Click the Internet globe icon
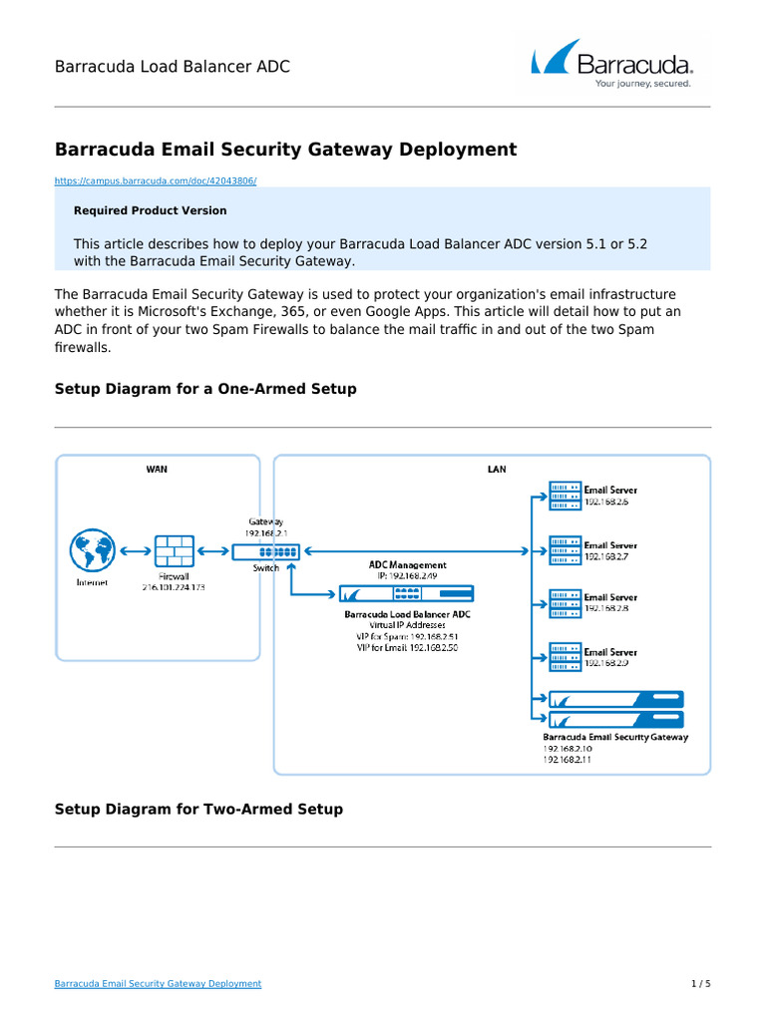pyautogui.click(x=92, y=551)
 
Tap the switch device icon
pyautogui.click(x=265, y=551)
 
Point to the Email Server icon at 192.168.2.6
pyautogui.click(x=564, y=495)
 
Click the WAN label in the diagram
pyautogui.click(x=157, y=469)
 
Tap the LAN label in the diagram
pyautogui.click(x=496, y=469)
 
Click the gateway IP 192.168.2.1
pyautogui.click(x=265, y=532)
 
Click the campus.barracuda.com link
pyautogui.click(x=156, y=180)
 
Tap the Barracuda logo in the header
pyautogui.click(x=611, y=65)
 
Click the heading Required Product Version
pyautogui.click(x=150, y=210)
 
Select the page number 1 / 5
pyautogui.click(x=701, y=983)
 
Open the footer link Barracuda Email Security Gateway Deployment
pyautogui.click(x=158, y=983)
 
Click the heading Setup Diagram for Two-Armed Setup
pyautogui.click(x=198, y=810)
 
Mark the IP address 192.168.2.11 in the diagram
pyautogui.click(x=567, y=759)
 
